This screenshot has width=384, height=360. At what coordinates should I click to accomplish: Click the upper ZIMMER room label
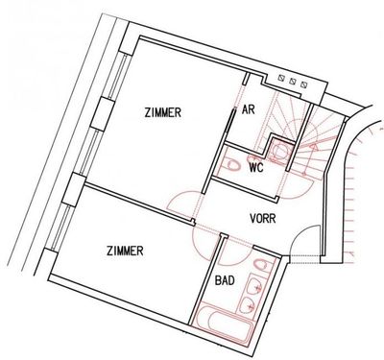tap(163, 112)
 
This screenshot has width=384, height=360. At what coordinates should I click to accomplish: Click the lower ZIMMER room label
tap(125, 251)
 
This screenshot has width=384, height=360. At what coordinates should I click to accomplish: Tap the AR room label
tap(249, 109)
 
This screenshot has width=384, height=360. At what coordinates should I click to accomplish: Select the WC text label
tap(256, 167)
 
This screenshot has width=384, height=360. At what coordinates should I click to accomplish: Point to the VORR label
tap(262, 219)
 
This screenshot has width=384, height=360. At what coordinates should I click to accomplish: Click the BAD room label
tap(225, 280)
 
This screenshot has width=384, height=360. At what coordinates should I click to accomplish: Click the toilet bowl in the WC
tap(232, 165)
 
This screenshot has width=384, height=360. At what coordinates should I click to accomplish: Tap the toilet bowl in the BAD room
tap(260, 264)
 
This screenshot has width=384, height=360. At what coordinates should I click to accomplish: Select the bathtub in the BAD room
tap(225, 325)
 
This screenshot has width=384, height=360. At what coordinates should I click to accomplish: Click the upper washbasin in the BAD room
tap(255, 286)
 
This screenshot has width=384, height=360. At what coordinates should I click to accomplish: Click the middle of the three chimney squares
tap(293, 81)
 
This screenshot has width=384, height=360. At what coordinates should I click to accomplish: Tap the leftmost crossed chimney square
tap(282, 78)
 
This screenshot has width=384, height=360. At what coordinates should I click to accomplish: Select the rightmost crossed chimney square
tap(303, 84)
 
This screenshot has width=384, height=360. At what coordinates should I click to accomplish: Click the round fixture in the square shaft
tap(280, 150)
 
